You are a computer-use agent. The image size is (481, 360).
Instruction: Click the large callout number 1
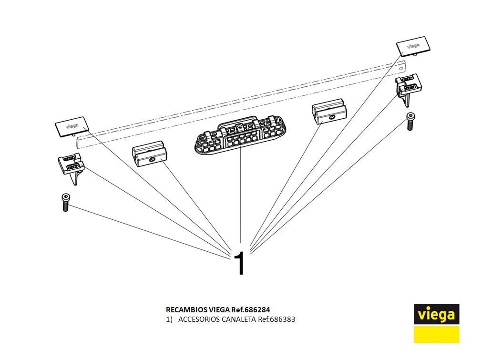[x=240, y=264]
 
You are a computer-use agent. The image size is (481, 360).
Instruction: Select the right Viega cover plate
[x=413, y=46]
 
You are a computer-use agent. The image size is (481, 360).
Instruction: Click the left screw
[x=65, y=202]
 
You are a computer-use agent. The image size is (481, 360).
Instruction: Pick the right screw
[x=409, y=122]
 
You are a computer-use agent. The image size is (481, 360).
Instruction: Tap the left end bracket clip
[x=71, y=167]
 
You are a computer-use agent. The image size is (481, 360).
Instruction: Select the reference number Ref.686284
[x=254, y=309]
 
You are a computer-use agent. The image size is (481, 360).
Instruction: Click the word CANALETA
[x=239, y=319]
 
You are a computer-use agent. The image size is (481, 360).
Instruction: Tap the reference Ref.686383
[x=276, y=319]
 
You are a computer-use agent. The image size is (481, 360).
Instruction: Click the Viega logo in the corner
[x=436, y=315]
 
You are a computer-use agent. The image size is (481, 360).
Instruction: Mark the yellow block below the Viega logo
[x=436, y=334]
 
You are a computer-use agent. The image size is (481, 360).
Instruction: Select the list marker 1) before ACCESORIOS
[x=169, y=319]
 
